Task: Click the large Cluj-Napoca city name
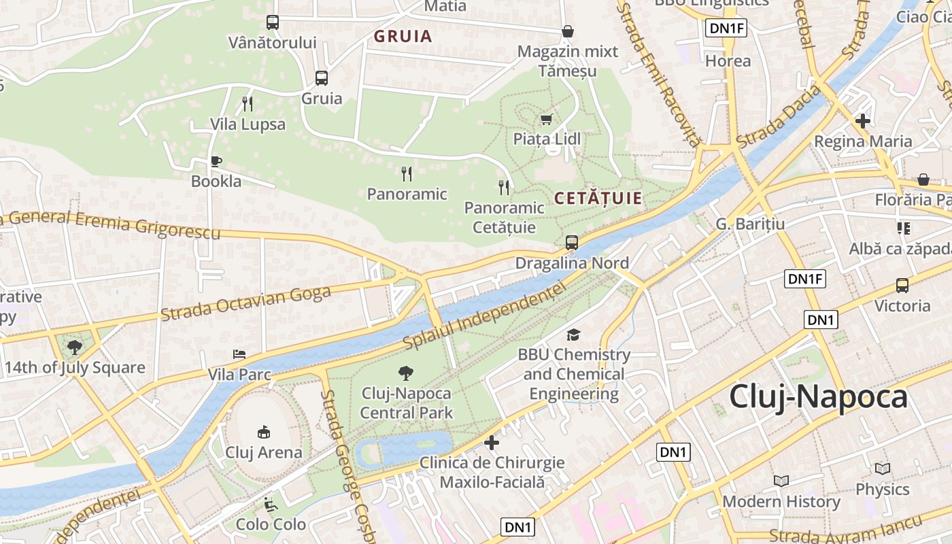[818, 397]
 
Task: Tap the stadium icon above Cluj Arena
[264, 432]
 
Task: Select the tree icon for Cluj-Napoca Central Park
[406, 373]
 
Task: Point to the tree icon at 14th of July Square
[75, 347]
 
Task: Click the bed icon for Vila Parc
[239, 354]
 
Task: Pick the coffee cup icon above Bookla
[216, 161]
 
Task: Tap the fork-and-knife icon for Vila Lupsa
[248, 104]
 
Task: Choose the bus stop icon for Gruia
[322, 78]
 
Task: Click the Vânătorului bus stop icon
[273, 22]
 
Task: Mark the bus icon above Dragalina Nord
[572, 242]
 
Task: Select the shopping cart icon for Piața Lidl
[546, 120]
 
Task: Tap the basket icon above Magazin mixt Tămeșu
[568, 31]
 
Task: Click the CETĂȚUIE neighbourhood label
[598, 199]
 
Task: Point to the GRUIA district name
[403, 37]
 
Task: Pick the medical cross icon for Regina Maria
[863, 121]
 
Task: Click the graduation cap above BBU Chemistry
[574, 335]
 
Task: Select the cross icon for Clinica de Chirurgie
[492, 443]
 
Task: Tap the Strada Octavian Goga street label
[245, 304]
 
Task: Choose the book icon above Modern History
[781, 481]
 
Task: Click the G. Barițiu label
[750, 224]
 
